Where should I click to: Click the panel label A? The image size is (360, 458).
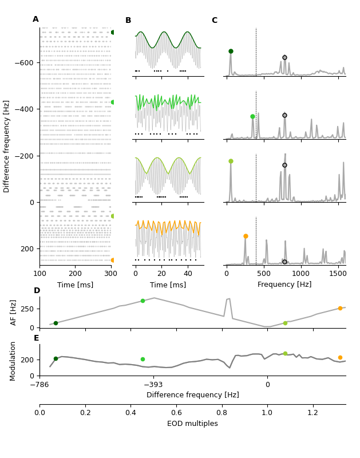pos(35,19)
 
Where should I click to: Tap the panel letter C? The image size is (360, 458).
pos(214,21)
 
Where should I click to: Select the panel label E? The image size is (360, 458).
pos(37,338)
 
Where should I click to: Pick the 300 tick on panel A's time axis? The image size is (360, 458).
pos(111,274)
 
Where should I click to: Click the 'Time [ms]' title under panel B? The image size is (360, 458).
pos(168,285)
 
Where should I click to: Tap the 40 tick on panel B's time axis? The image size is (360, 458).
pos(188,274)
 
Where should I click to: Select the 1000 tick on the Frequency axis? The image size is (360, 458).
pos(300,274)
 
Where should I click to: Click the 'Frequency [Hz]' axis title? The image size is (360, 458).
pos(284,285)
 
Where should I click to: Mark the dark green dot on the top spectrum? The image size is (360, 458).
pos(231,51)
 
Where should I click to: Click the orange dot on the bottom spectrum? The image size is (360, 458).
pos(246,236)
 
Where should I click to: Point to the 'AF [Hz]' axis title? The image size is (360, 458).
pos(14,312)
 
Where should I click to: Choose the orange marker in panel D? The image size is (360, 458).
pos(340,308)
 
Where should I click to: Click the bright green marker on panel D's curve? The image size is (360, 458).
pos(143,301)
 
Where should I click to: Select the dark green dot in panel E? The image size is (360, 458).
pos(56,358)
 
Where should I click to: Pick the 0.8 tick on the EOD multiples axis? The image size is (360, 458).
pos(221,412)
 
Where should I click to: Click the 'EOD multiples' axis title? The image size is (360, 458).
pos(192,424)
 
